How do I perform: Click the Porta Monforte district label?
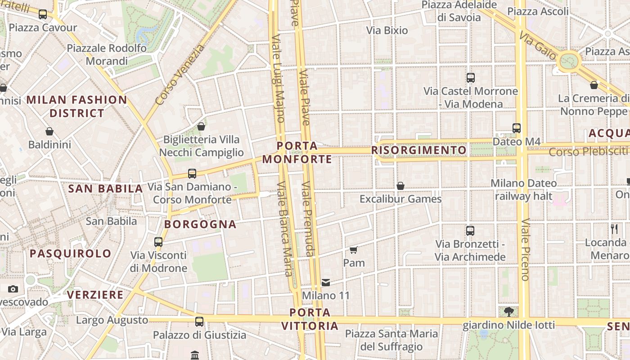click(x=297, y=153)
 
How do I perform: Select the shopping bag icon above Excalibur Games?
click(x=400, y=186)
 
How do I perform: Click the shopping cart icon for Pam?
click(x=354, y=250)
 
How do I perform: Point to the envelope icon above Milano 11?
click(x=326, y=283)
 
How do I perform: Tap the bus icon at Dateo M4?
click(x=516, y=128)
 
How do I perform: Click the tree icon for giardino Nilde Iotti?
click(x=508, y=311)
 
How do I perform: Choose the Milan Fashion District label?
click(x=77, y=106)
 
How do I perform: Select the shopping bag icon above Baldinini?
click(x=49, y=131)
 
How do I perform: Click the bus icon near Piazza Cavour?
click(x=43, y=14)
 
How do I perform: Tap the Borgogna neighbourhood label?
click(x=200, y=224)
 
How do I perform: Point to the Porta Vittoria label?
click(x=310, y=319)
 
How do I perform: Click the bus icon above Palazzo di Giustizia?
click(x=199, y=322)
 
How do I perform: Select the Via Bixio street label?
click(x=387, y=31)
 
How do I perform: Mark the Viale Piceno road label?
click(x=525, y=250)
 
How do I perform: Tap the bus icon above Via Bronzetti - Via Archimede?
click(x=470, y=231)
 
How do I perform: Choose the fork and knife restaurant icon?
click(x=614, y=229)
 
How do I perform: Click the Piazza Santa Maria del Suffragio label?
click(x=391, y=340)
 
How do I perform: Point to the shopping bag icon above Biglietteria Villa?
click(x=201, y=126)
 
